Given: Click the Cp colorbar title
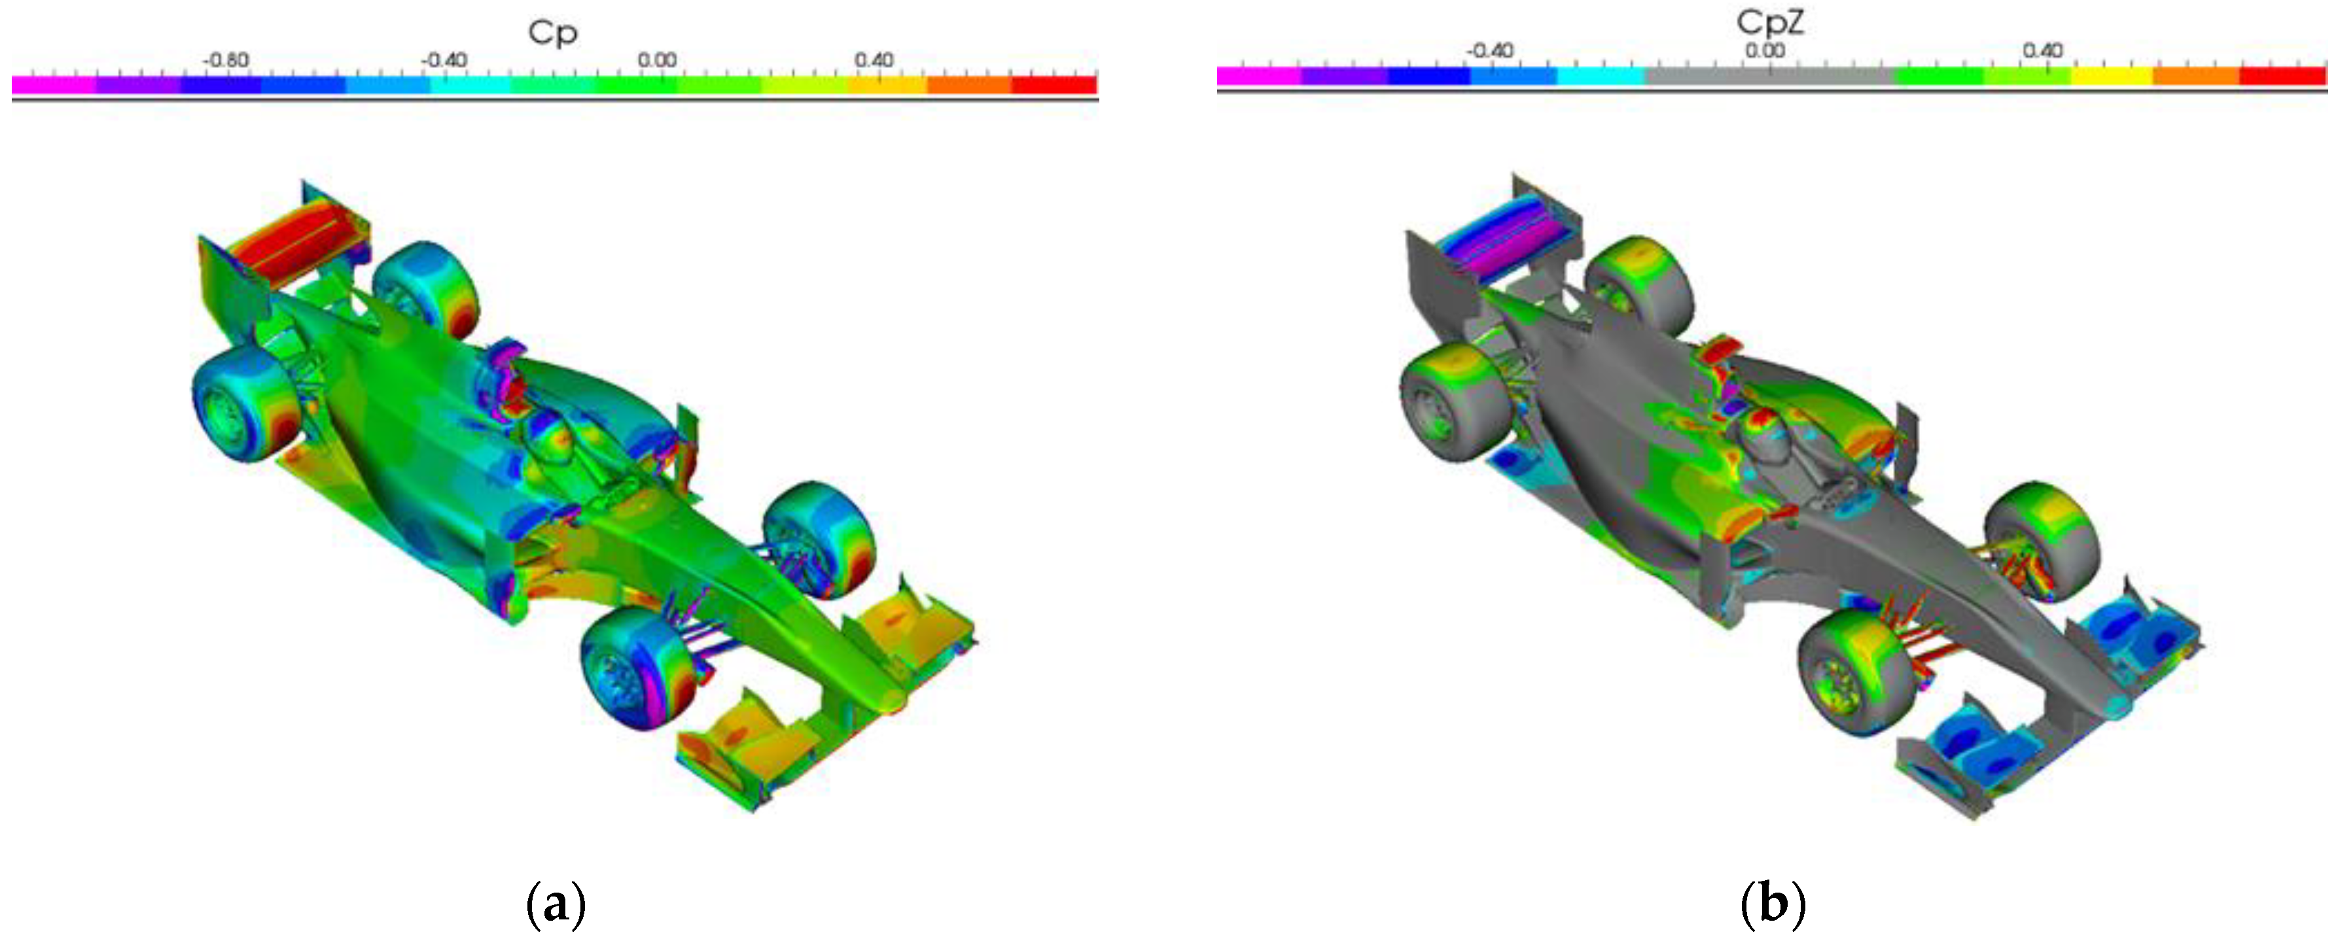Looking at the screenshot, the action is tap(553, 33).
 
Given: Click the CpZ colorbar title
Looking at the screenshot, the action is tap(1771, 23).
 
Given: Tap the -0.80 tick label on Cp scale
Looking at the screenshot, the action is tap(226, 60).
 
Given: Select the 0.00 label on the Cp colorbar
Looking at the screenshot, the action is tap(657, 60).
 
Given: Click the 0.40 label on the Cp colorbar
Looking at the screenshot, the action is tap(874, 60).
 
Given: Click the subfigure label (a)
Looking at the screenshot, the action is tap(556, 904).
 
